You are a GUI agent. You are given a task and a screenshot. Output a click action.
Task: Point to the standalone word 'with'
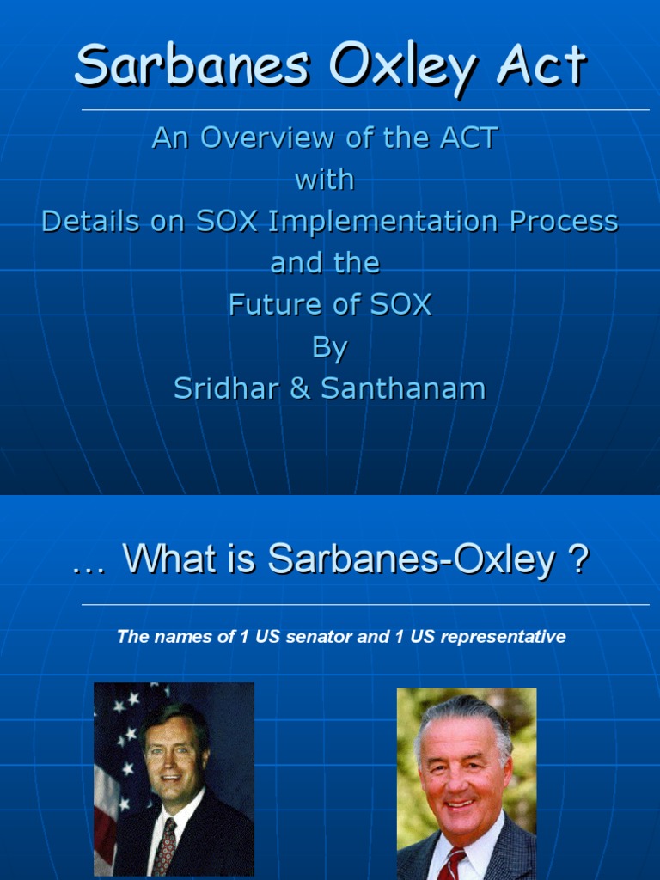point(325,180)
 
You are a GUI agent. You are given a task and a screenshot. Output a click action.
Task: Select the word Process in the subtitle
point(564,221)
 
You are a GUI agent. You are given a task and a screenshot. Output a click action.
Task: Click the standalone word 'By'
point(329,347)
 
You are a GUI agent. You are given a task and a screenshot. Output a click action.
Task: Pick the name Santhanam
point(403,388)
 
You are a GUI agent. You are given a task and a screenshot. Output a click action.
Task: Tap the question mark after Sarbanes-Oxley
point(578,560)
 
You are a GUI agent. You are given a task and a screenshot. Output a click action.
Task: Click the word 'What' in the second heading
point(163,560)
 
